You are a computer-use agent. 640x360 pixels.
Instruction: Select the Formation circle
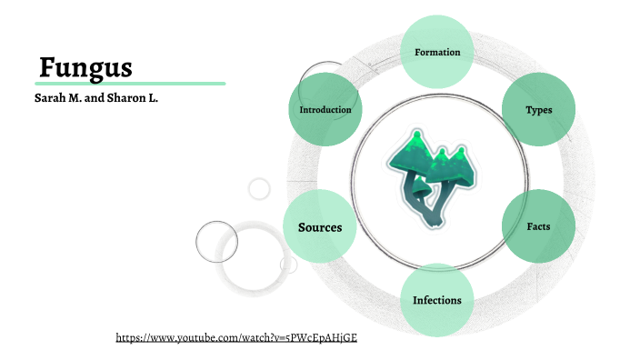point(437,52)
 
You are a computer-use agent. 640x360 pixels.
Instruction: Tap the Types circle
point(538,110)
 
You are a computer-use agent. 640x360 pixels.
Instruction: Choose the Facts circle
point(538,225)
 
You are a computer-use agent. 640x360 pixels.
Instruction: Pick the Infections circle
point(437,300)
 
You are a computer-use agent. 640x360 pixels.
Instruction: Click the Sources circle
point(319,227)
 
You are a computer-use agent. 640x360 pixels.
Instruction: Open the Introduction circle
point(325,110)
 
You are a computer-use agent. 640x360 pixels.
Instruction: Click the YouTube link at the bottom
point(236,337)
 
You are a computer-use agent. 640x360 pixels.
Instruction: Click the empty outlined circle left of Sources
point(216,241)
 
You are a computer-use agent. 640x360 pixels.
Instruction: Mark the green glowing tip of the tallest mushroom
point(415,136)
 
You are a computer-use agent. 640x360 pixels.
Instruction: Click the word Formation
point(437,52)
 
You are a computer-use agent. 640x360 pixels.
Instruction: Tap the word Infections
point(437,300)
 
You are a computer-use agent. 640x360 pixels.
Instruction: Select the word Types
point(538,110)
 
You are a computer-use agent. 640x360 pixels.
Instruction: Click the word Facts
point(538,225)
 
